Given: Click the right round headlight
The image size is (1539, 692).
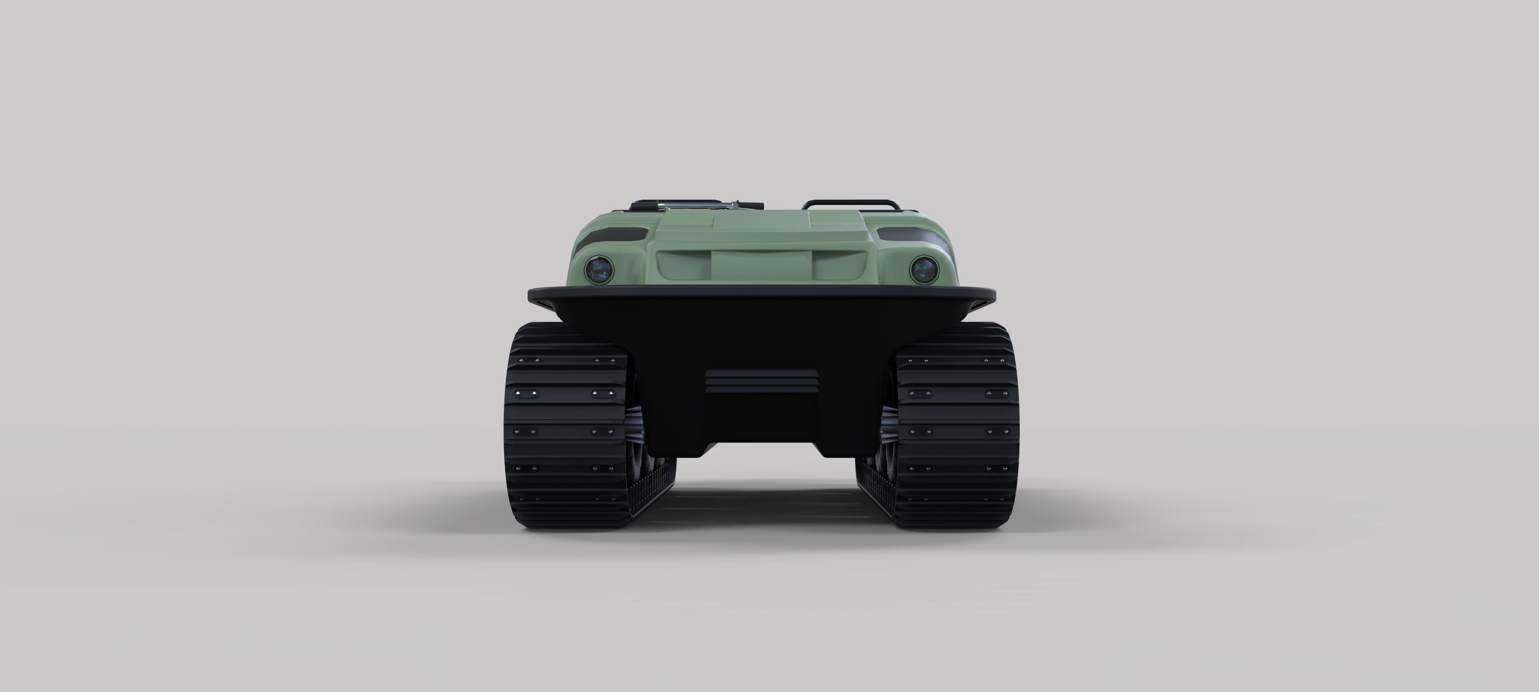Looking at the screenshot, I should pyautogui.click(x=924, y=269).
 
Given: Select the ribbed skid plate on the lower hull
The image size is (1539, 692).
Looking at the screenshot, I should pyautogui.click(x=761, y=381).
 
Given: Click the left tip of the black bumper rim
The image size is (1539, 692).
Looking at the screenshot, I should pyautogui.click(x=531, y=294).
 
